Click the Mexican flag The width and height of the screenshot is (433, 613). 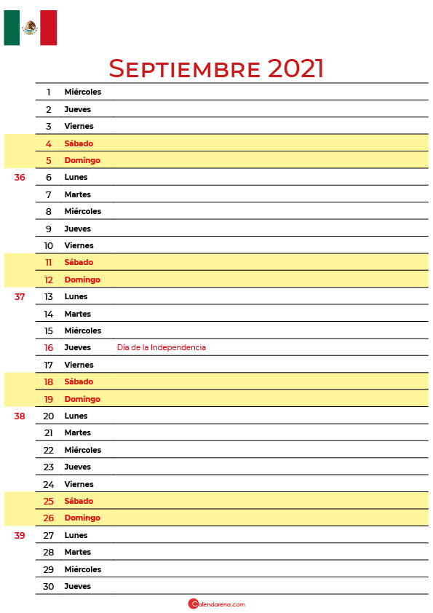tap(30, 28)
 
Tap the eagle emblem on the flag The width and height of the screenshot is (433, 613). tap(30, 28)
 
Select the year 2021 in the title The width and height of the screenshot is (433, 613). tap(296, 68)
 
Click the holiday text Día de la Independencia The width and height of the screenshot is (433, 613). tap(162, 347)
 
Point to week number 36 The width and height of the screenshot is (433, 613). tap(20, 177)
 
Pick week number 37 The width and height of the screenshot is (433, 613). tap(20, 296)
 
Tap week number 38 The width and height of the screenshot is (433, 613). tap(20, 416)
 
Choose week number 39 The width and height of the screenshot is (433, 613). tap(20, 535)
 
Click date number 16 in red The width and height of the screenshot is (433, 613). tap(49, 347)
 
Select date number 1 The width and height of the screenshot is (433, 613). tap(49, 92)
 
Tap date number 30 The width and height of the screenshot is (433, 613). tap(49, 586)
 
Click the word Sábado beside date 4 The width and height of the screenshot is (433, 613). tap(79, 143)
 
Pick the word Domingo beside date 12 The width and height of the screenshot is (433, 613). tap(82, 280)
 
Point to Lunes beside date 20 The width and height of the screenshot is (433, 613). tap(76, 416)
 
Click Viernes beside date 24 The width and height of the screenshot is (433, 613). tap(79, 484)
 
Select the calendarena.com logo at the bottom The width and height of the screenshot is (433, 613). tap(217, 604)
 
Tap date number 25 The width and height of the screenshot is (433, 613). tap(49, 501)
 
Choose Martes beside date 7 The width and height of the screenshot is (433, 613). tap(77, 194)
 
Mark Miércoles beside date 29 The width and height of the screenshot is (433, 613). tap(83, 569)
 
